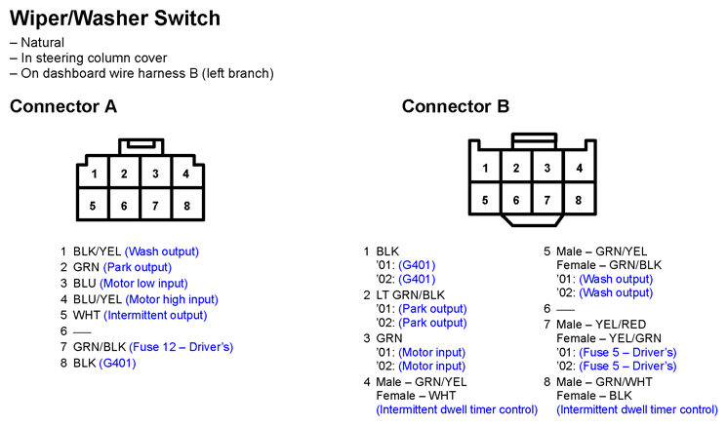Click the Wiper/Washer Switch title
click(x=115, y=19)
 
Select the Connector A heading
click(x=63, y=106)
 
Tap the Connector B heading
click(x=456, y=106)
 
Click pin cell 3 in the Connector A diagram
click(x=155, y=173)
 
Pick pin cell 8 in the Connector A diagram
click(x=186, y=204)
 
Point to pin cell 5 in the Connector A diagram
click(x=93, y=204)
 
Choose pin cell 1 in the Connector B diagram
click(x=485, y=167)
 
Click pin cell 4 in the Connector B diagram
click(x=579, y=167)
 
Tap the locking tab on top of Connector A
click(x=141, y=146)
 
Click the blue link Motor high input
click(x=172, y=299)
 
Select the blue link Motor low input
click(x=143, y=284)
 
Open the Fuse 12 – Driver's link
click(x=181, y=347)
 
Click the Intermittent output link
click(x=155, y=315)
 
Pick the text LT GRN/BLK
click(x=410, y=295)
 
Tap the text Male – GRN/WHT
click(x=604, y=382)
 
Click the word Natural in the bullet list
click(x=43, y=43)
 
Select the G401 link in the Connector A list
click(x=117, y=363)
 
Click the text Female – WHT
click(x=416, y=396)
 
